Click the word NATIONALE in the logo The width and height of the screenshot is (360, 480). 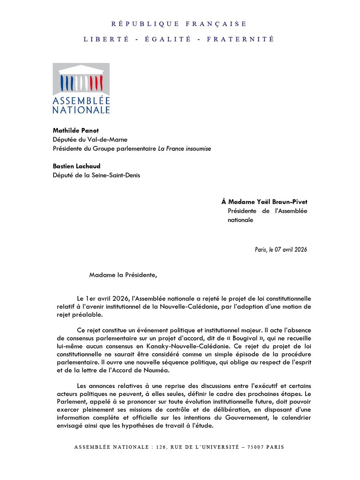tap(81, 109)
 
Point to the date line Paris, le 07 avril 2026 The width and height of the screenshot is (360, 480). tap(281, 249)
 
